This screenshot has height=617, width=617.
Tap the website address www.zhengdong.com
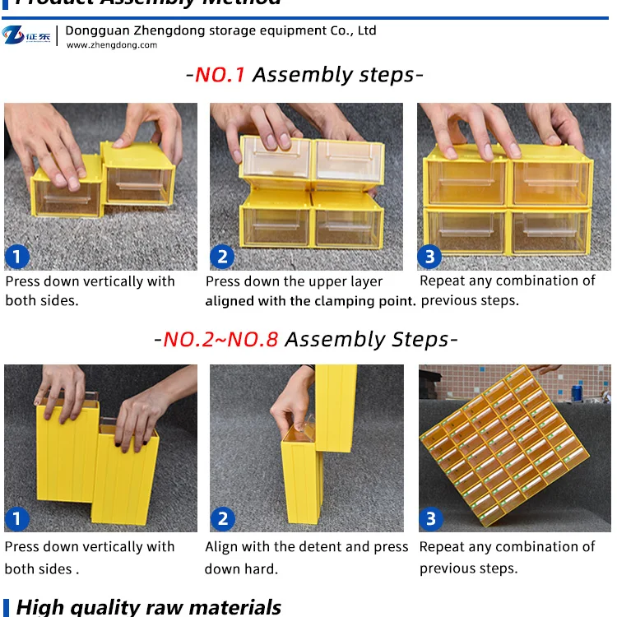coord(111,45)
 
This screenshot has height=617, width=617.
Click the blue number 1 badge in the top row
coord(16,257)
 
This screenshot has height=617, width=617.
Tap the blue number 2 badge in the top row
coord(222,257)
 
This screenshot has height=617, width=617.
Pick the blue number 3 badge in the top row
coord(429,257)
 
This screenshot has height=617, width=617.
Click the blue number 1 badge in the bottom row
coord(16,519)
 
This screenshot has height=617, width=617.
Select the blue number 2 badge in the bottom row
coord(222,519)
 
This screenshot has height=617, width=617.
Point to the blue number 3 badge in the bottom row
coord(430,519)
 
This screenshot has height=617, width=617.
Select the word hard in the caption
coord(262,568)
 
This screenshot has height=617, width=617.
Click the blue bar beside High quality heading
coord(7,607)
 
